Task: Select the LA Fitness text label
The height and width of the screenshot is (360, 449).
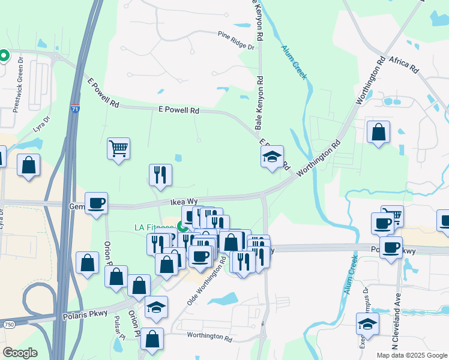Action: point(154,227)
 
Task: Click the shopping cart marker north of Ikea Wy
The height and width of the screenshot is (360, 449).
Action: point(119,148)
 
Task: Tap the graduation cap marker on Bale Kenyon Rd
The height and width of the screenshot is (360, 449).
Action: point(272,157)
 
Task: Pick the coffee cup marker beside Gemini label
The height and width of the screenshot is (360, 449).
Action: point(96,203)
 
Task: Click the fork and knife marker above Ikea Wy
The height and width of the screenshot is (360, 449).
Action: point(160,174)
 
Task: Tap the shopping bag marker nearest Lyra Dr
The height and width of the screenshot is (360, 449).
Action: point(28,165)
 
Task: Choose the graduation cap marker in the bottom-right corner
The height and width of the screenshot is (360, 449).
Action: point(367,325)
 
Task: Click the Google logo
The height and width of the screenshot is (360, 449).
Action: point(19,353)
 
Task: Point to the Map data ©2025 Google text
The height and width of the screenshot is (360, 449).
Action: point(411,355)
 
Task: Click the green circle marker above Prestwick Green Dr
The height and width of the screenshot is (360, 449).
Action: point(4,56)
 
